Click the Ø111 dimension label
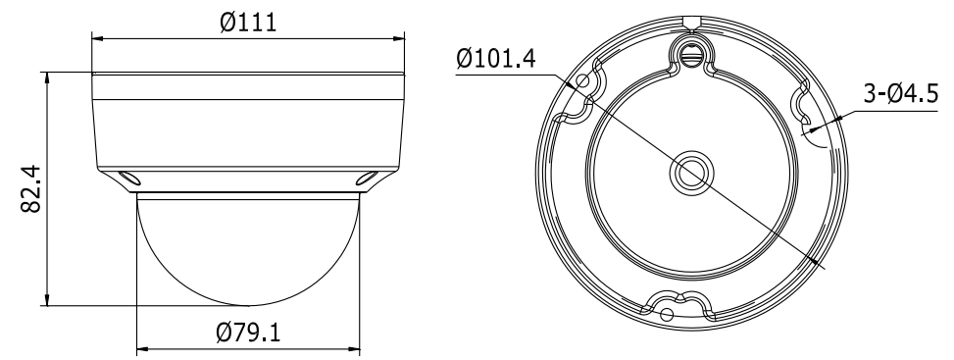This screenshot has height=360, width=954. [x=248, y=23]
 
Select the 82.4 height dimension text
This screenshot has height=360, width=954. [x=30, y=188]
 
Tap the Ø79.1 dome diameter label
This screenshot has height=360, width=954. [x=248, y=333]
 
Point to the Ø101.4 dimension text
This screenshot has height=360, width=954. [x=496, y=59]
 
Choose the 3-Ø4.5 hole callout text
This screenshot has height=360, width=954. [x=900, y=94]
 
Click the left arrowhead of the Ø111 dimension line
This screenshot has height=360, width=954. [x=98, y=39]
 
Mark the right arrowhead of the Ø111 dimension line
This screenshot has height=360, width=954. [x=398, y=39]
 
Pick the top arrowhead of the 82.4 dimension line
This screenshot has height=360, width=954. [x=47, y=77]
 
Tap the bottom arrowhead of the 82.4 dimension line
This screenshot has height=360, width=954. [x=47, y=299]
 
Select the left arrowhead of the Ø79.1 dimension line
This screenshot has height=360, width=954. [x=143, y=350]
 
